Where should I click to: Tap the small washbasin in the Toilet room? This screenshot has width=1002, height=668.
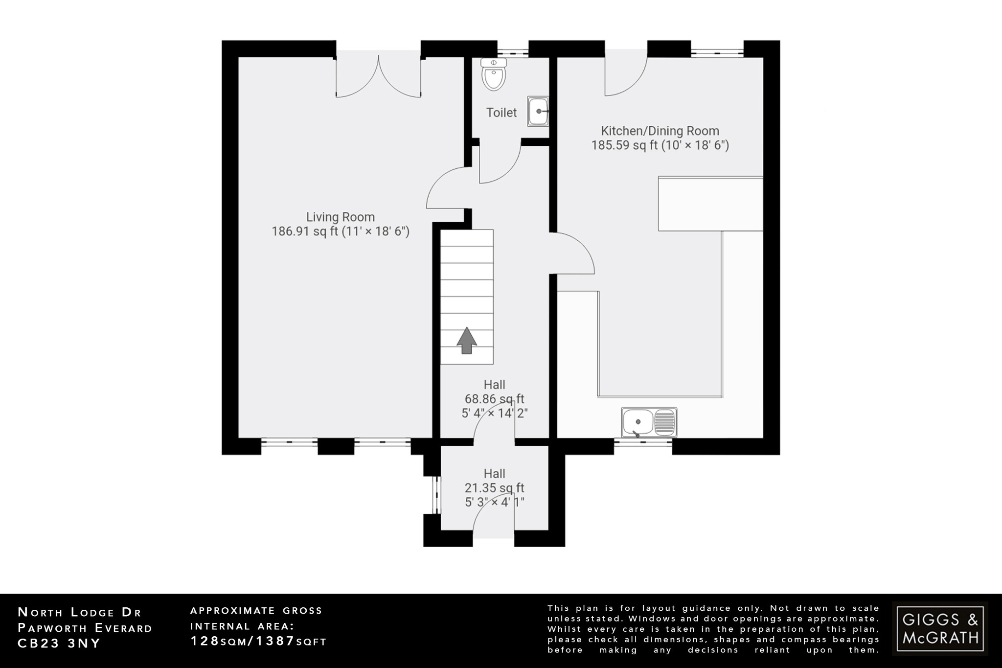[538, 112]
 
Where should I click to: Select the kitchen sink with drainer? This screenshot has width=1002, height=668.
[649, 422]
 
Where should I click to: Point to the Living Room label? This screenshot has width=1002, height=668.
[341, 217]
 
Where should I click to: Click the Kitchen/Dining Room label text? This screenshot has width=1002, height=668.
[660, 131]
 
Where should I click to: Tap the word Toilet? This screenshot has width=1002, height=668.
[501, 113]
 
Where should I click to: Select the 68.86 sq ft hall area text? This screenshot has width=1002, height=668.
[494, 399]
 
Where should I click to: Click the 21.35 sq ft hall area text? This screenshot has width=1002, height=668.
[494, 488]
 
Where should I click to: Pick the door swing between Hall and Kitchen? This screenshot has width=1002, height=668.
[573, 253]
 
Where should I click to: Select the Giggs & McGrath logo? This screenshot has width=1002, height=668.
[940, 629]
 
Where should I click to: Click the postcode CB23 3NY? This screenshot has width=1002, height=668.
[59, 644]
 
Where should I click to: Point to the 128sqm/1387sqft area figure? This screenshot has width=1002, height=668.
[258, 641]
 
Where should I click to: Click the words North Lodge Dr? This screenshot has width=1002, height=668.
[79, 612]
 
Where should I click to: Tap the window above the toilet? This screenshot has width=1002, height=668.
[513, 51]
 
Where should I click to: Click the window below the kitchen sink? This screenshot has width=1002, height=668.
[643, 443]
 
